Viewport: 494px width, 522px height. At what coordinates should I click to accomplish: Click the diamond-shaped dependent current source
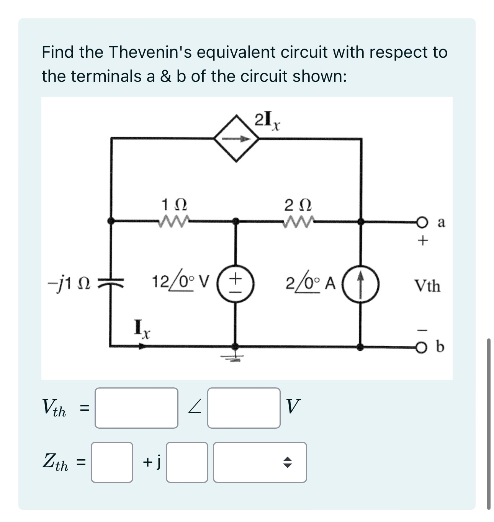[x=236, y=139]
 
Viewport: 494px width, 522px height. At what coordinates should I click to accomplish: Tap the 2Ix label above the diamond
[x=267, y=120]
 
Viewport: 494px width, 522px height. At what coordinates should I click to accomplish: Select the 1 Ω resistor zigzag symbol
[x=174, y=221]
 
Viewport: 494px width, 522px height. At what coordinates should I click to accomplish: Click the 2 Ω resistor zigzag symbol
[x=298, y=221]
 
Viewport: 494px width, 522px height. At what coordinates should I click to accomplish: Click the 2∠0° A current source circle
[x=360, y=285]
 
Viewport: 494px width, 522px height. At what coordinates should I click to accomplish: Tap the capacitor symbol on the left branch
[x=111, y=284]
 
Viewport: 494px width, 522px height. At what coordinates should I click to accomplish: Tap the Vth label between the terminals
[x=427, y=286]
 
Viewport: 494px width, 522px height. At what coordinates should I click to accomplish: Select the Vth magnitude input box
[x=136, y=408]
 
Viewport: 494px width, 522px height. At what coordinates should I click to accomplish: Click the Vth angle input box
[x=244, y=408]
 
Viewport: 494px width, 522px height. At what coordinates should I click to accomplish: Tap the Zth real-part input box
[x=112, y=462]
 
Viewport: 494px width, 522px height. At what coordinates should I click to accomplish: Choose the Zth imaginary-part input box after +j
[x=187, y=462]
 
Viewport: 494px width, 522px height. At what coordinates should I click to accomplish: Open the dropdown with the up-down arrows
[x=260, y=462]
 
